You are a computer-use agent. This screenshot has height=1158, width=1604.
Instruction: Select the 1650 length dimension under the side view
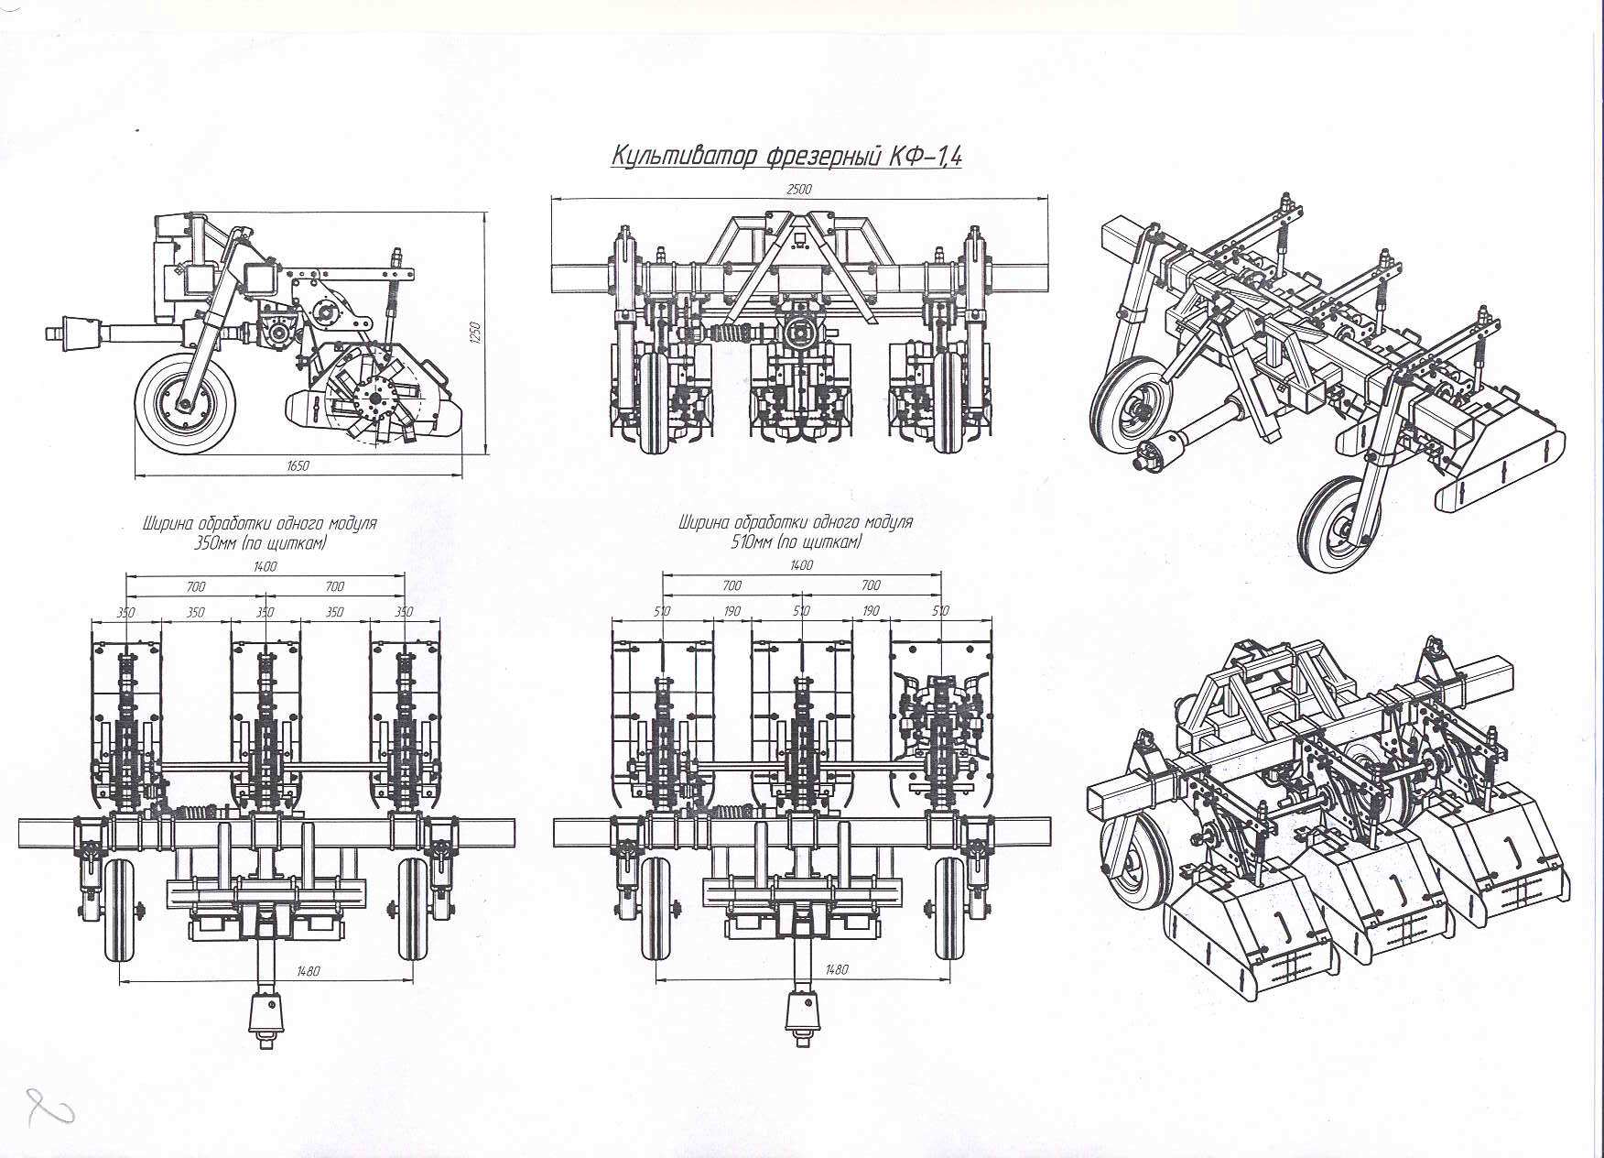tap(298, 466)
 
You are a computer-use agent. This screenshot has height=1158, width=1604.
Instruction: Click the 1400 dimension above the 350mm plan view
tap(265, 566)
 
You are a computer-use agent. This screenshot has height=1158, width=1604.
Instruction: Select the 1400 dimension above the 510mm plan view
tap(801, 566)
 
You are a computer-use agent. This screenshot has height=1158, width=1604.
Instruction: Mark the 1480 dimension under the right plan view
tap(837, 969)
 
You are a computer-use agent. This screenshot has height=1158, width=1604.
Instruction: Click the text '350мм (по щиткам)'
tap(259, 543)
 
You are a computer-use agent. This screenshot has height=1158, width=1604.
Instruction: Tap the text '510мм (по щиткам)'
tap(796, 542)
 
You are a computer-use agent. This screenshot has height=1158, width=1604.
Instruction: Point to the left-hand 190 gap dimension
tap(732, 610)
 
